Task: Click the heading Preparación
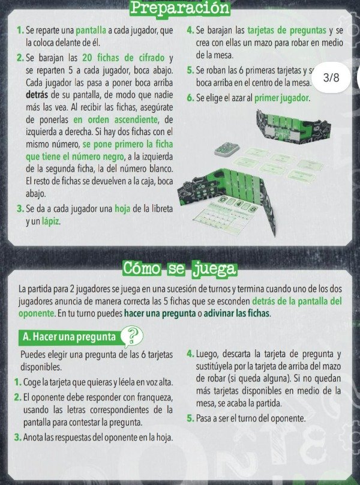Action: [x=179, y=8]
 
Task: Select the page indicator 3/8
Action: [x=331, y=78]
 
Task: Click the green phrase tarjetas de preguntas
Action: [x=289, y=30]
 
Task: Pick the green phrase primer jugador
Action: [x=282, y=97]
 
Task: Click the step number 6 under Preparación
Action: [x=190, y=97]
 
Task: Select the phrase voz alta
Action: [x=154, y=382]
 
